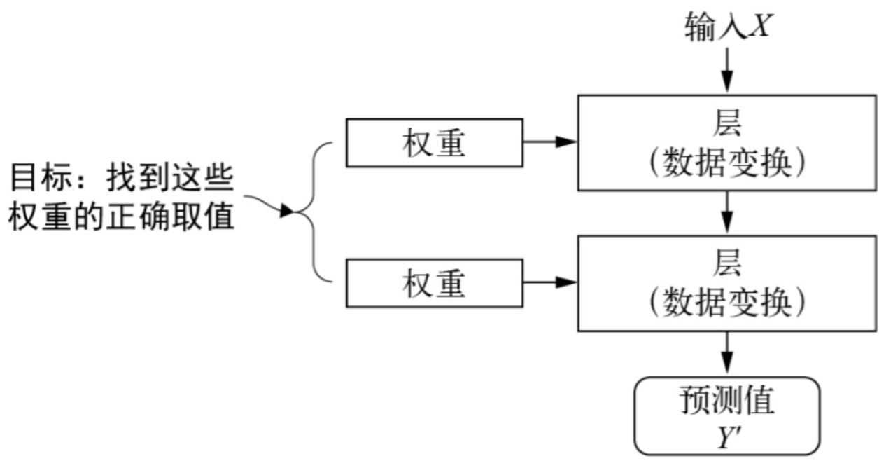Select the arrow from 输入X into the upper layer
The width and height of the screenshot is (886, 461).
tap(728, 70)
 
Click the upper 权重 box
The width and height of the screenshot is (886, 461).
tap(433, 143)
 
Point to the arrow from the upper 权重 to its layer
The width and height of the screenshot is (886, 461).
tap(549, 143)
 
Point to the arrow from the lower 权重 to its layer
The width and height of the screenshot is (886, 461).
tap(549, 283)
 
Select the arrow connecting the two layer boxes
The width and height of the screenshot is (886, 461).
tap(728, 212)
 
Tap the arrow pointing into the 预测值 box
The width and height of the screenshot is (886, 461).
tap(728, 354)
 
